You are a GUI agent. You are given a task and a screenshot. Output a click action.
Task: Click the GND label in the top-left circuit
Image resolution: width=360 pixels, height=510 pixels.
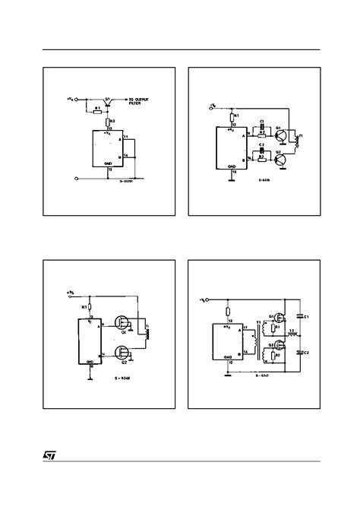(x=109, y=163)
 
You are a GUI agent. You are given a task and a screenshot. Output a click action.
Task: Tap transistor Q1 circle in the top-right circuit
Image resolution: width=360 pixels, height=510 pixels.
(x=283, y=135)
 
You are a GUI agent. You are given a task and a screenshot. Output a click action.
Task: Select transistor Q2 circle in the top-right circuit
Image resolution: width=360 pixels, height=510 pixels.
(x=283, y=160)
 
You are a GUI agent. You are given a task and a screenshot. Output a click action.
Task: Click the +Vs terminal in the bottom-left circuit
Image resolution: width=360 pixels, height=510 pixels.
(x=71, y=291)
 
